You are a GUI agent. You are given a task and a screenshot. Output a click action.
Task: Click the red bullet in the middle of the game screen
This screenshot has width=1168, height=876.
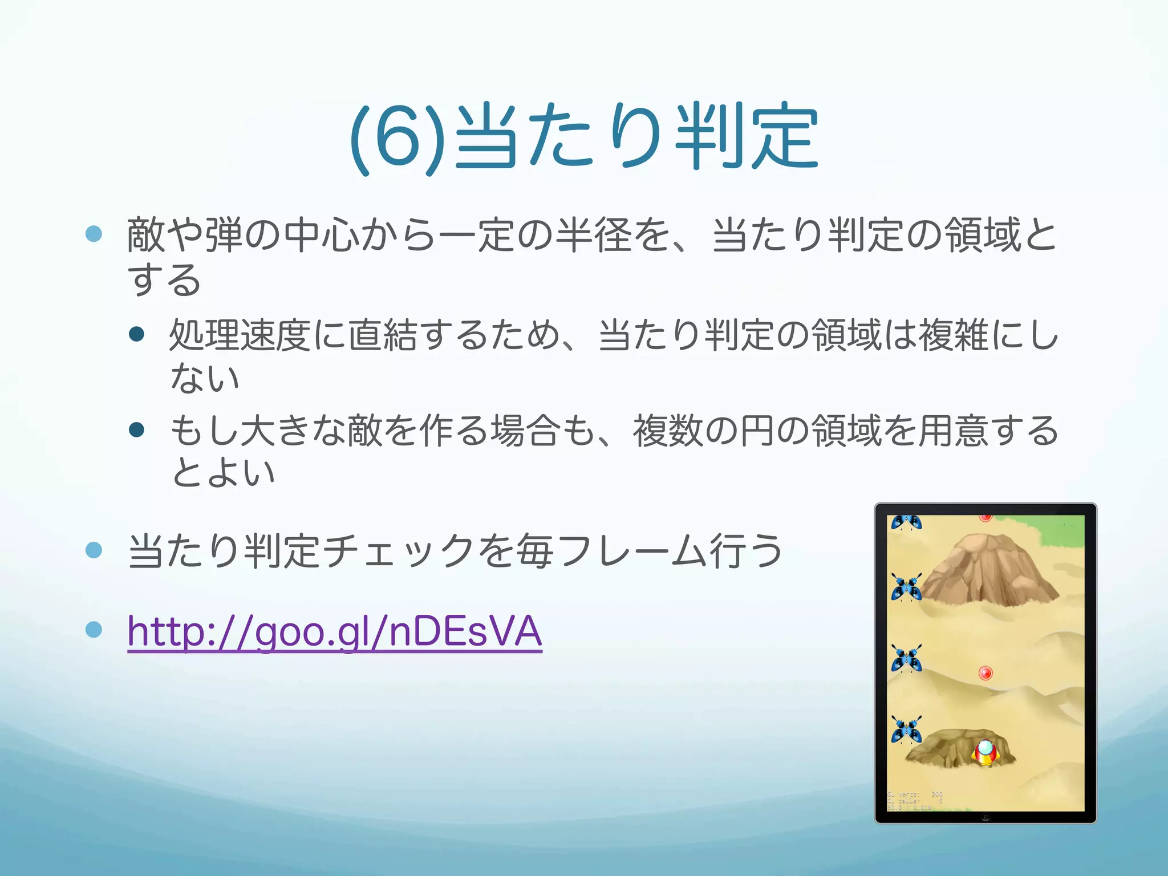point(985,673)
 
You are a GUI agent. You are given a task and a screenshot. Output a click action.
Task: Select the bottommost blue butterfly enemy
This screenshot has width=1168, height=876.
point(906,731)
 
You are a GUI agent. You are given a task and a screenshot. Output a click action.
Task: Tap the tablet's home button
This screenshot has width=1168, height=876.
point(985,817)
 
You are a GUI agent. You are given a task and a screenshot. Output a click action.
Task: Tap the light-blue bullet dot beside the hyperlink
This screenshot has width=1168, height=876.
point(94,630)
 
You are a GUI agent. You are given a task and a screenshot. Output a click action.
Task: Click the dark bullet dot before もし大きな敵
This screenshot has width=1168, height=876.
point(137,429)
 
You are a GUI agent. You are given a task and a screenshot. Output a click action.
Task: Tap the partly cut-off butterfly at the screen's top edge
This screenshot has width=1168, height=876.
point(906,522)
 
